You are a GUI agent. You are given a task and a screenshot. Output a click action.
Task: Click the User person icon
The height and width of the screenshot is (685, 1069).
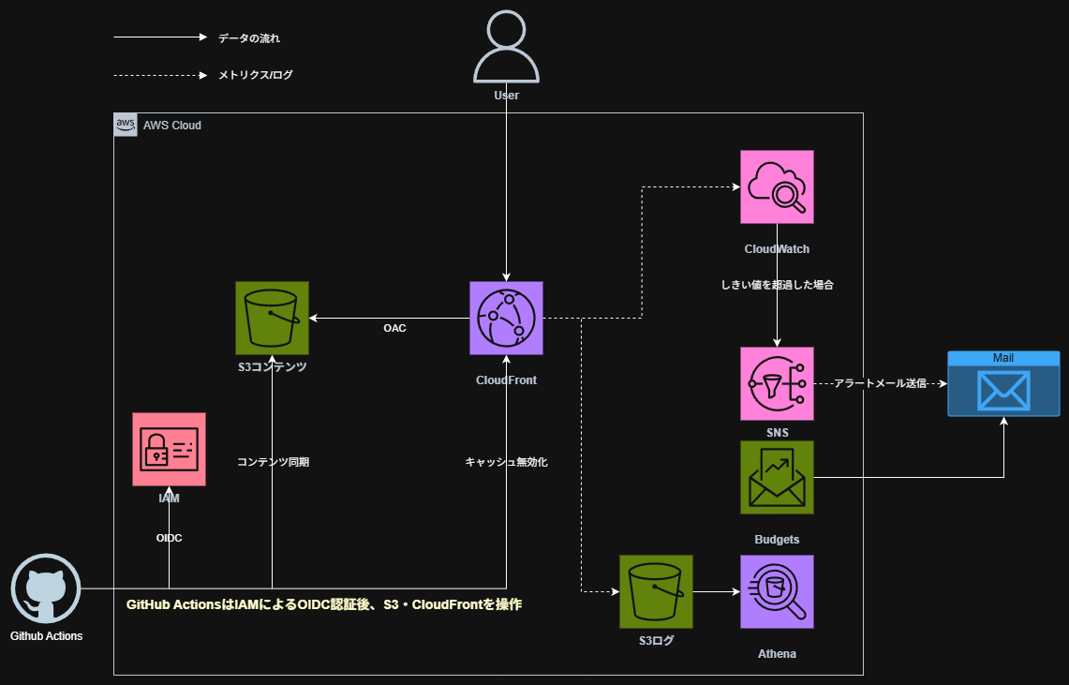[506, 48]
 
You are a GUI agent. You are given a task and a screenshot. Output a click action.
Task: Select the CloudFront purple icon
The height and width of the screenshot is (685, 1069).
[506, 319]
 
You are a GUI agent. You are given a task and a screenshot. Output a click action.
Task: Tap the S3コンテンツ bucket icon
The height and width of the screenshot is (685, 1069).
[272, 319]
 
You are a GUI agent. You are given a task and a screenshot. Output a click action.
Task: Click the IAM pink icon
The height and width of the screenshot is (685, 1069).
[169, 449]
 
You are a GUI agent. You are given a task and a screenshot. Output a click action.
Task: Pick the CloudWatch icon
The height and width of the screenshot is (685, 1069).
[777, 187]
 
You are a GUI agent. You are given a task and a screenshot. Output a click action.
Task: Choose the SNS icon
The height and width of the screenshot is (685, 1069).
[777, 383]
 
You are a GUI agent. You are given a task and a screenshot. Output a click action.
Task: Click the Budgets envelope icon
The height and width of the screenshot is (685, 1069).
[777, 477]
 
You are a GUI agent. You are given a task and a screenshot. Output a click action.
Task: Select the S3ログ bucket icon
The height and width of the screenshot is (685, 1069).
[656, 591]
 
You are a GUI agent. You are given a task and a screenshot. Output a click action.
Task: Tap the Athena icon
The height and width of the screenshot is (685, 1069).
[777, 591]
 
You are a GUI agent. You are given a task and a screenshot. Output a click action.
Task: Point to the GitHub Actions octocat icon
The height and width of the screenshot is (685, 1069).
[46, 590]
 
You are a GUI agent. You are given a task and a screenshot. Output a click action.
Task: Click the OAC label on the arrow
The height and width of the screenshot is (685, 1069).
[394, 329]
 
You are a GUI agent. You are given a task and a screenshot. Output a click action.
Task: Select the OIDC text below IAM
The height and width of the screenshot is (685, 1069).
[169, 538]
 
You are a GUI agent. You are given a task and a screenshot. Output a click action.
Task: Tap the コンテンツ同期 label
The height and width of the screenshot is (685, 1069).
[273, 462]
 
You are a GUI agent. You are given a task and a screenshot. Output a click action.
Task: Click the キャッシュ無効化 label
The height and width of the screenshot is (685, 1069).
[506, 462]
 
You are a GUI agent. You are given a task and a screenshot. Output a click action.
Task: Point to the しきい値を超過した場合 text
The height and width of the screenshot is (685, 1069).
[777, 285]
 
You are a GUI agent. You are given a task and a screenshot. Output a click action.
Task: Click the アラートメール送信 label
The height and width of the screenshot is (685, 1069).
[880, 384]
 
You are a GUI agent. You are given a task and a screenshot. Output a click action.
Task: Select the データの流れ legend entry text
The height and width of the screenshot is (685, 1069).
[249, 38]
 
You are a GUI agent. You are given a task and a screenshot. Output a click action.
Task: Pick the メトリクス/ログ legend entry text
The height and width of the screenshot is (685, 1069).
[256, 75]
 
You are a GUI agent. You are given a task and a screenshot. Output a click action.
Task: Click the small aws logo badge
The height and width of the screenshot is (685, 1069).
[126, 125]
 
